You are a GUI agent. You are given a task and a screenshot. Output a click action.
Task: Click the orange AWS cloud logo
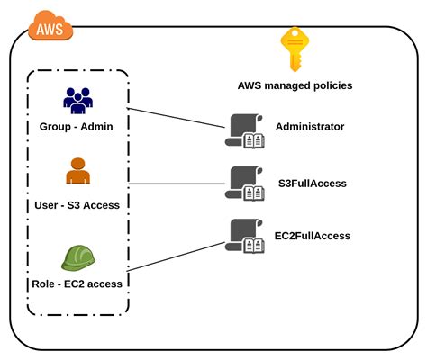tap(50, 28)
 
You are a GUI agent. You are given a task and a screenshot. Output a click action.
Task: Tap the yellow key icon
tap(295, 49)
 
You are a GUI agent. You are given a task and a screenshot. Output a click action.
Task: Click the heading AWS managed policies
tap(295, 85)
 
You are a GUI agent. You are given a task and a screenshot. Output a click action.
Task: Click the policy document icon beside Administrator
tap(243, 131)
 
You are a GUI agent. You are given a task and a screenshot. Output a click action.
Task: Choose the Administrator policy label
tap(310, 127)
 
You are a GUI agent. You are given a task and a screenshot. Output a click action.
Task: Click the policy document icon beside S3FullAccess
tap(243, 183)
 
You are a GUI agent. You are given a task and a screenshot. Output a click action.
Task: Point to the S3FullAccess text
tap(311, 184)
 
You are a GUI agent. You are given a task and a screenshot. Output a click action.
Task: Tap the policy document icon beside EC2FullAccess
tap(243, 235)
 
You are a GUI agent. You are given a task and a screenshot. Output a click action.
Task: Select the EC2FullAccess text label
tap(313, 236)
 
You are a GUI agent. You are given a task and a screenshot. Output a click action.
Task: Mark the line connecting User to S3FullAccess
tap(176, 185)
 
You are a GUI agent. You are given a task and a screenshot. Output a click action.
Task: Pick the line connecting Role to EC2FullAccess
tap(176, 258)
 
